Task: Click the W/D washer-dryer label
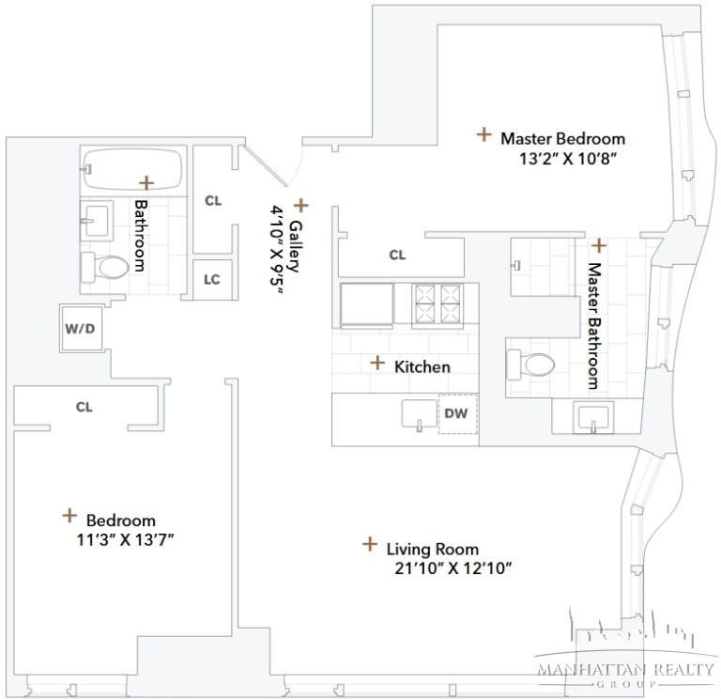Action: point(80,329)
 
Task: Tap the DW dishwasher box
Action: point(458,413)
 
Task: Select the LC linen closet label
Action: point(212,279)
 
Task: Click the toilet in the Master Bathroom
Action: point(530,365)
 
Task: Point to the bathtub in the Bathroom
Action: point(133,168)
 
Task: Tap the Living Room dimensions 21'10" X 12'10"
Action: point(453,568)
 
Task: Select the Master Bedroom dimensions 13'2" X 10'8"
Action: point(567,159)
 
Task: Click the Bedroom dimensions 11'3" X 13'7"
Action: point(125,539)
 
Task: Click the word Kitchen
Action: point(422,366)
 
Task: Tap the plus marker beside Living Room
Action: point(370,544)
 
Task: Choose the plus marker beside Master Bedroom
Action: point(483,134)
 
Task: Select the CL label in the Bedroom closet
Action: point(84,407)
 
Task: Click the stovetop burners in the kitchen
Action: point(437,303)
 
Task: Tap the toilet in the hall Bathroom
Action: point(105,267)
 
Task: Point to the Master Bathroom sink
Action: point(593,417)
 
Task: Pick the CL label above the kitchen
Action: point(397,255)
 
